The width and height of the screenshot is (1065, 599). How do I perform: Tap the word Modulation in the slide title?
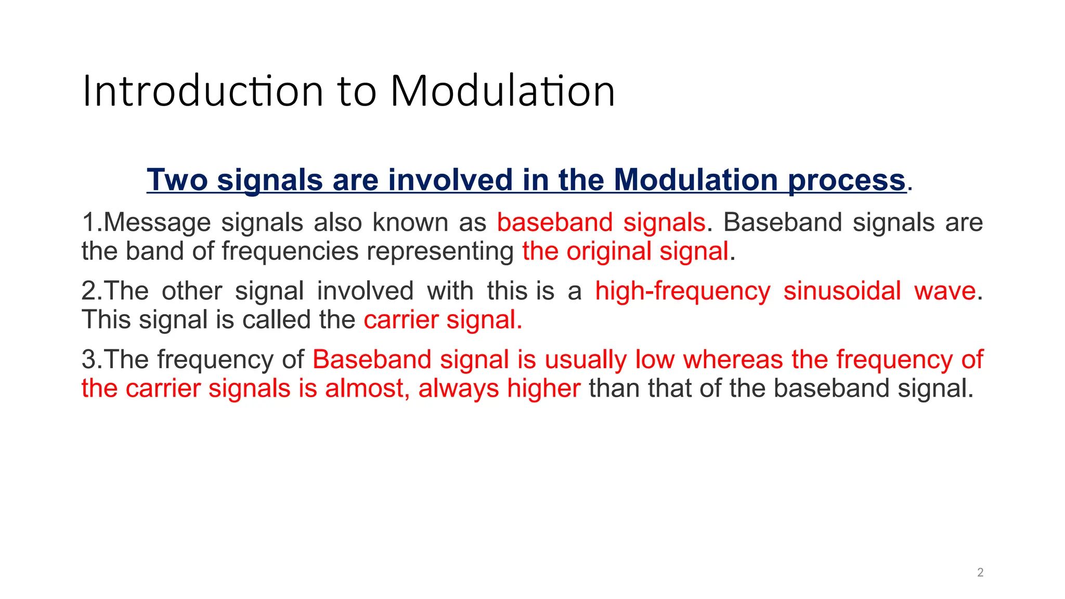pos(502,92)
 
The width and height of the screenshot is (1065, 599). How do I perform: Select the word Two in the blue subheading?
pos(177,180)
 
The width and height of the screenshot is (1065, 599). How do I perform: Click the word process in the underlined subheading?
pos(847,180)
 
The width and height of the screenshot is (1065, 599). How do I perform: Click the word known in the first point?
pos(410,223)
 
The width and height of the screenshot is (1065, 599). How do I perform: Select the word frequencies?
pos(290,251)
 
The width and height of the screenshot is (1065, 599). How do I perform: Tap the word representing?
pos(440,251)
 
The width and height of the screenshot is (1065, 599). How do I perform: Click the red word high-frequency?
pos(682,291)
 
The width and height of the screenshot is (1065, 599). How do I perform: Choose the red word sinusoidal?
pos(842,291)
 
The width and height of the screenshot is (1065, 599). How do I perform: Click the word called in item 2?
pos(276,319)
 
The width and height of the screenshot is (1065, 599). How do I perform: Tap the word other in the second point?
pos(192,291)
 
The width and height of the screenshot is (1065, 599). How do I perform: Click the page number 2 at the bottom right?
pos(980,572)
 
